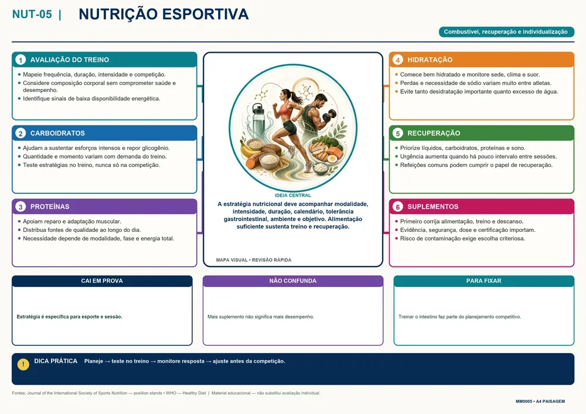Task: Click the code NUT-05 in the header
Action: tap(32, 14)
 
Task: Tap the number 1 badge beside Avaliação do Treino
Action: tap(21, 60)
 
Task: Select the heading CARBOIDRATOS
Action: tap(57, 134)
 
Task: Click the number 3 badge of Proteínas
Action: tap(21, 207)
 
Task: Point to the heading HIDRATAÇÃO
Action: tap(430, 60)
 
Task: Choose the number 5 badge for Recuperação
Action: tap(398, 134)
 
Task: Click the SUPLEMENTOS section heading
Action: tap(433, 207)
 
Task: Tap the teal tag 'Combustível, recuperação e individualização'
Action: tap(506, 32)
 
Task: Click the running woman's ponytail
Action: tap(298, 98)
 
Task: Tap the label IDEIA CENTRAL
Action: tap(293, 195)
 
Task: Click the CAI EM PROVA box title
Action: tap(102, 280)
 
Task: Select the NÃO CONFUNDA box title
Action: tap(293, 280)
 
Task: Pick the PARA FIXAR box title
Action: tap(484, 280)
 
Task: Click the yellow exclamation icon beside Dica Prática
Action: tap(23, 364)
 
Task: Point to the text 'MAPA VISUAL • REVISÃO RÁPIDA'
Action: tap(254, 260)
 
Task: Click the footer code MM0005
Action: tap(524, 401)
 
